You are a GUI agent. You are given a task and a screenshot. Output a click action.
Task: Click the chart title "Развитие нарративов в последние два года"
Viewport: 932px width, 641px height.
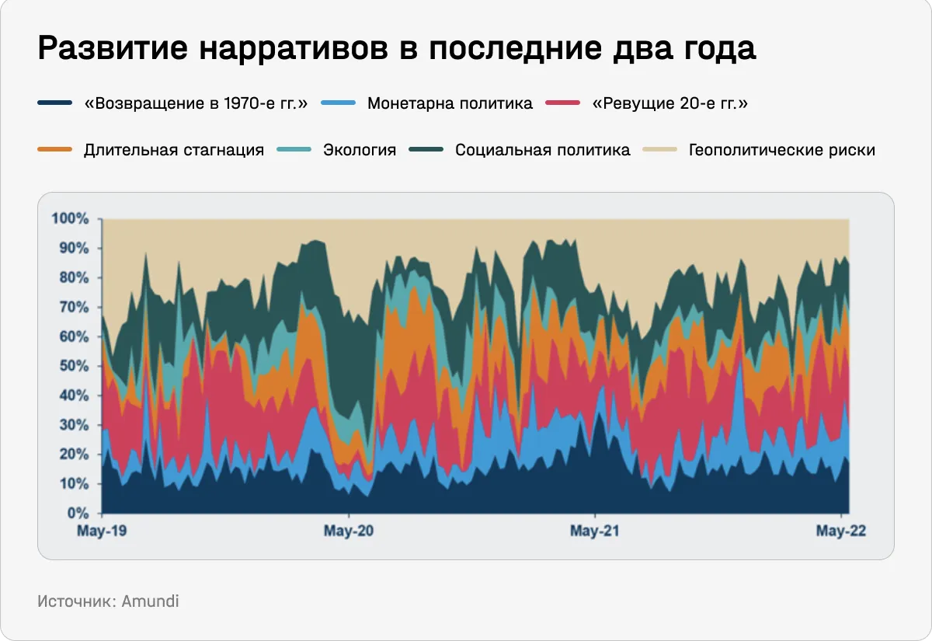pyautogui.click(x=396, y=49)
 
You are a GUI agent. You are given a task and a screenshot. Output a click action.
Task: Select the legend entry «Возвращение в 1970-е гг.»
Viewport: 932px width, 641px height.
pyautogui.click(x=196, y=103)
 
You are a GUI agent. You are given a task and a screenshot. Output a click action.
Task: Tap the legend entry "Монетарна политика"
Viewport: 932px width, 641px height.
pyautogui.click(x=450, y=103)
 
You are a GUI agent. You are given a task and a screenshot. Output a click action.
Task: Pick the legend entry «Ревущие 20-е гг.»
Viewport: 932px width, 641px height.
pyautogui.click(x=670, y=103)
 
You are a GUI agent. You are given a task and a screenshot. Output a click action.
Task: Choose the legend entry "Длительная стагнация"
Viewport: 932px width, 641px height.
pyautogui.click(x=174, y=150)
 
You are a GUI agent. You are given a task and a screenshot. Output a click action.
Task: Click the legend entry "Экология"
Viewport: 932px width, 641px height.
pyautogui.click(x=360, y=150)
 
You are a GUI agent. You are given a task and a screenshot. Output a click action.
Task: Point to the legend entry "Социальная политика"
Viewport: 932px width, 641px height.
pyautogui.click(x=543, y=150)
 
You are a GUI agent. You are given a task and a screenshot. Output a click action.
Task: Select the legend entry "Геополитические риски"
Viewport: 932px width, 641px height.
pyautogui.click(x=782, y=150)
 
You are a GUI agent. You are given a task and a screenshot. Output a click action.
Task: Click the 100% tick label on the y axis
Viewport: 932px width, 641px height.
pyautogui.click(x=71, y=218)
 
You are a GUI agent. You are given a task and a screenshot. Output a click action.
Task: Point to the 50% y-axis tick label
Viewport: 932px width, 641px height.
pyautogui.click(x=74, y=366)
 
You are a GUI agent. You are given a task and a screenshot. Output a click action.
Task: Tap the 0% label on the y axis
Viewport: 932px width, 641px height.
pyautogui.click(x=77, y=514)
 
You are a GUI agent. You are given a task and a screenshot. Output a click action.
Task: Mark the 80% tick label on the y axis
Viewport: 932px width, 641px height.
pyautogui.click(x=74, y=277)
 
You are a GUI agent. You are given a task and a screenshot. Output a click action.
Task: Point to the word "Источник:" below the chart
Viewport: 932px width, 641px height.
pyautogui.click(x=77, y=601)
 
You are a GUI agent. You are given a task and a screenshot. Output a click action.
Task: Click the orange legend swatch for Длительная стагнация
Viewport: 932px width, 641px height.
pyautogui.click(x=54, y=150)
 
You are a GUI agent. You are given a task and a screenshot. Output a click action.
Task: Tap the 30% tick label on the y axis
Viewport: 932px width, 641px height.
pyautogui.click(x=74, y=425)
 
